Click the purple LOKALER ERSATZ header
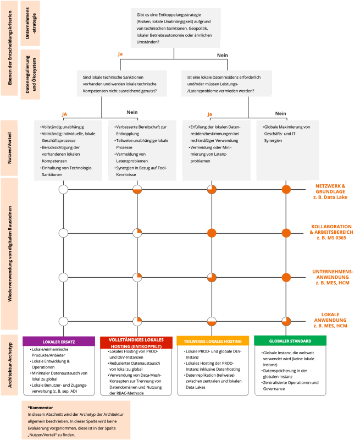tap(64, 341)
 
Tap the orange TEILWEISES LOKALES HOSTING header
tap(212, 341)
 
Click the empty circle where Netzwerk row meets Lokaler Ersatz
tap(64, 190)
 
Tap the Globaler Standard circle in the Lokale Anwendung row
tap(286, 321)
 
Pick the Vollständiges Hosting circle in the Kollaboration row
tap(138, 234)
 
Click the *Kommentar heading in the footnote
tap(40, 408)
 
